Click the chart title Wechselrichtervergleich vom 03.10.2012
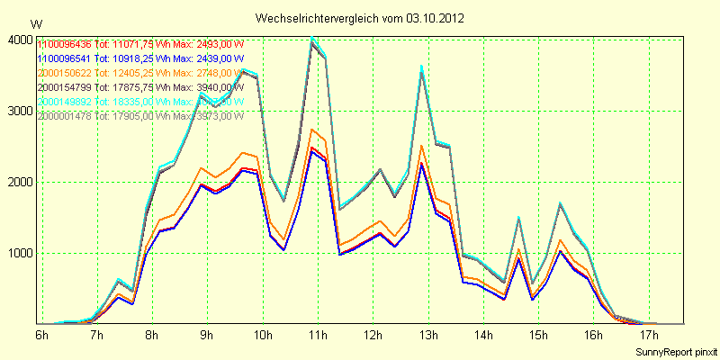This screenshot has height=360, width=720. (360, 18)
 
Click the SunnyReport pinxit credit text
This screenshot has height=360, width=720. (677, 351)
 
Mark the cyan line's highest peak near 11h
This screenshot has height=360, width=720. (312, 38)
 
